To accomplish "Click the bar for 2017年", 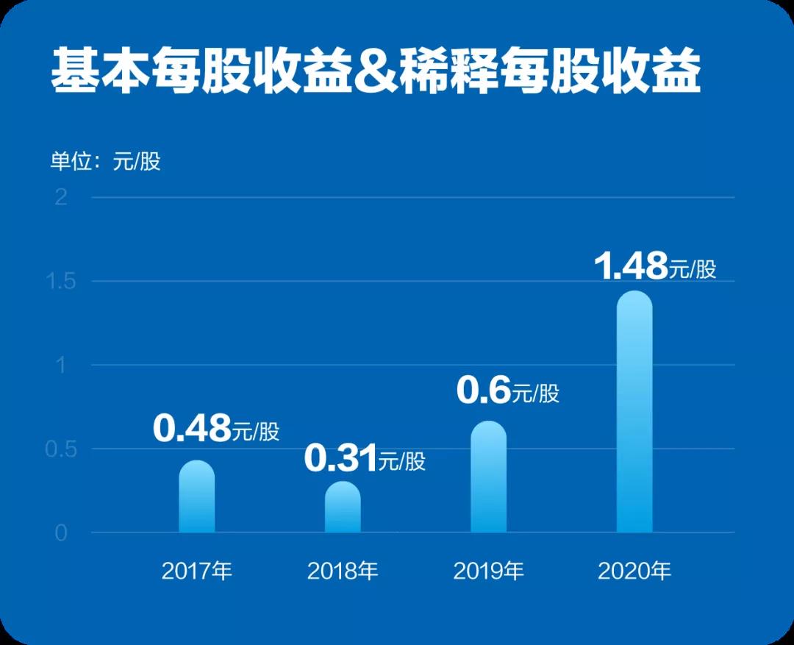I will click(x=197, y=497).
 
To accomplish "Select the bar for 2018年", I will click(x=343, y=507).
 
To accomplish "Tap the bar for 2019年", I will click(x=489, y=477).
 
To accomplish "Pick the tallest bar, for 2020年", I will click(x=634, y=412).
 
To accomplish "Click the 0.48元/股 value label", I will click(x=216, y=430).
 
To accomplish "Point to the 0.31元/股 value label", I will click(x=365, y=460).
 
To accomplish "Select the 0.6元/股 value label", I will click(x=507, y=391).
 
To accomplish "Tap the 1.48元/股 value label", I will click(x=654, y=267).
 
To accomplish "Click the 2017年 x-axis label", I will click(x=197, y=571).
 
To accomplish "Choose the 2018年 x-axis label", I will click(x=343, y=571).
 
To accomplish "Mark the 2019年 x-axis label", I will click(x=489, y=571).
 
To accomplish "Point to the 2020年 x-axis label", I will click(x=634, y=571).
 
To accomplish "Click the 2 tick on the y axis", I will click(x=61, y=197).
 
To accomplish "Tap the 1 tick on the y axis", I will click(x=61, y=365).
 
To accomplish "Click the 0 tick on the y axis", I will click(x=61, y=532).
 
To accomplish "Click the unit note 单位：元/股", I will click(x=105, y=161).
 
